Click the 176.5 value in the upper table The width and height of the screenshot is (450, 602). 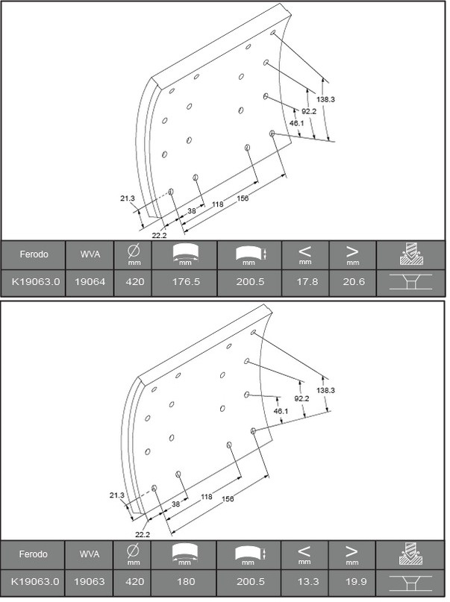(x=184, y=283)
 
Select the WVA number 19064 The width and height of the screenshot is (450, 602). (x=90, y=283)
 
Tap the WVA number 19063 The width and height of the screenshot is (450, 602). (x=90, y=580)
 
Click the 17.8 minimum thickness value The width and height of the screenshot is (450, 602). (x=304, y=283)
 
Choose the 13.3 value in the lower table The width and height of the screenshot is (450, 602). (x=304, y=580)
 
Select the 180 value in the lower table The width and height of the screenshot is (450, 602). (x=184, y=580)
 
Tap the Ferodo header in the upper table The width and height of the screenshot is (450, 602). (x=34, y=254)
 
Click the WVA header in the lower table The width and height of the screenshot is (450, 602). (x=90, y=554)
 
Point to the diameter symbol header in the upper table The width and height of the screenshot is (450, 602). (x=134, y=254)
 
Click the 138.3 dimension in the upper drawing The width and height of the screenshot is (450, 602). (x=326, y=99)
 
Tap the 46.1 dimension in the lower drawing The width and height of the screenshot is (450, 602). (x=281, y=411)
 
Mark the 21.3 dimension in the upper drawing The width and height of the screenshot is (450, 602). (x=127, y=198)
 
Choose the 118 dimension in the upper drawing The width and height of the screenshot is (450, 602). (x=218, y=204)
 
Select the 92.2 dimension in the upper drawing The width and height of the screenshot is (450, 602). (x=308, y=111)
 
